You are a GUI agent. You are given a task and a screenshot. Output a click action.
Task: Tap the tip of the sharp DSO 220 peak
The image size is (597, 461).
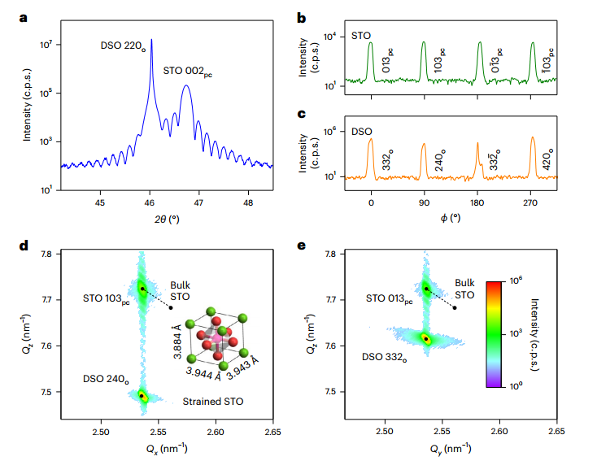(x=150, y=39)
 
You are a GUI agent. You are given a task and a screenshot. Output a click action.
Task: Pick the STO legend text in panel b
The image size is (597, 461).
(x=361, y=37)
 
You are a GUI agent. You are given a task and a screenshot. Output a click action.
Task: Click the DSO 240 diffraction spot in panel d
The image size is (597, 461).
(x=142, y=396)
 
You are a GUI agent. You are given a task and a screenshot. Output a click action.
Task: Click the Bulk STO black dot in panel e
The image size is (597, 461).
(x=455, y=307)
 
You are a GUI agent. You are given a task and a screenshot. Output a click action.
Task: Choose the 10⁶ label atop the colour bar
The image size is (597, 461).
(x=515, y=277)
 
